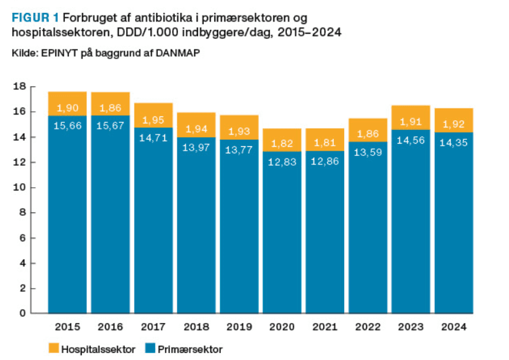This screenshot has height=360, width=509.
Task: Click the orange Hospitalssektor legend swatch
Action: [x=53, y=350]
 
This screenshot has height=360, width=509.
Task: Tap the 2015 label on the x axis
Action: [x=68, y=328]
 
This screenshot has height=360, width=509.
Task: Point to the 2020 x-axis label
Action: [x=282, y=328]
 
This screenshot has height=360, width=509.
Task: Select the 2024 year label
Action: [x=454, y=328]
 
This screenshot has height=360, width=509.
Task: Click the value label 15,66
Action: [x=68, y=125]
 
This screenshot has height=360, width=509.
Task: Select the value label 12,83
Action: [x=282, y=161]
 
